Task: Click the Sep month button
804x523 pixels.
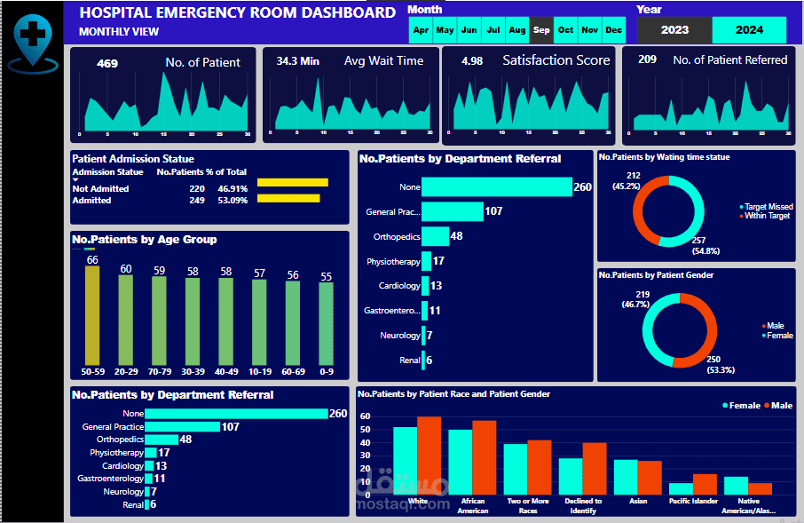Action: click(541, 30)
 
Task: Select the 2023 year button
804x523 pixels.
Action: click(674, 29)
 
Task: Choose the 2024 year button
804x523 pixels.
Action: click(749, 29)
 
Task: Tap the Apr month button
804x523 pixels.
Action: click(421, 30)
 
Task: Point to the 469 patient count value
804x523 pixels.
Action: click(107, 63)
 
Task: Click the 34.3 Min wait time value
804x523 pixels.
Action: click(298, 61)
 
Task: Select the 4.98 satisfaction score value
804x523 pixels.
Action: click(472, 61)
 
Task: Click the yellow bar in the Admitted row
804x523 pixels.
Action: click(288, 198)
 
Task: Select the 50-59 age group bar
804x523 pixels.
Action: click(91, 314)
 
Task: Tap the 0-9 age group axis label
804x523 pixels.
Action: click(326, 371)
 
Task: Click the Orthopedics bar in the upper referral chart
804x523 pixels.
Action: click(435, 236)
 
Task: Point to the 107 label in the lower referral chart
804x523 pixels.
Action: click(231, 426)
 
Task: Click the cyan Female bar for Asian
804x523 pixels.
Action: click(626, 477)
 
